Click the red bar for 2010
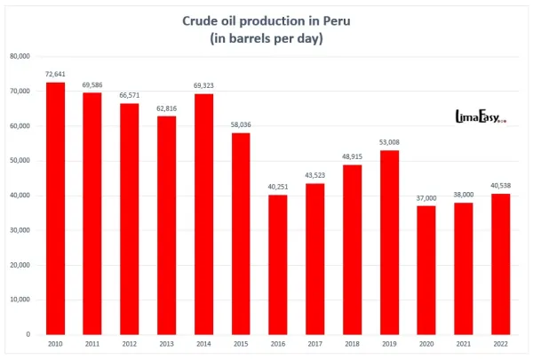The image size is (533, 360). pos(55,208)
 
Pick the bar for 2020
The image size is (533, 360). pos(425,270)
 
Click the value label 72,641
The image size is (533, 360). pos(55,74)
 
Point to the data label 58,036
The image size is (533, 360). pos(240,125)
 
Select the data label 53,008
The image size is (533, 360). pos(388,142)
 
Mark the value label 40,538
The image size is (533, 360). pos(499,186)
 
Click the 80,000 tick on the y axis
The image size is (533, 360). pos(20,56)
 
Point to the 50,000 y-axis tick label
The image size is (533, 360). pos(20,160)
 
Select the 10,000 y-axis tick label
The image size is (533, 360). pos(20,300)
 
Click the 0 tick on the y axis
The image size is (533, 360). pos(28,334)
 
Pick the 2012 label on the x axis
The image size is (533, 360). pos(129,345)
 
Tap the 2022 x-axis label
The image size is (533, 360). pos(499,345)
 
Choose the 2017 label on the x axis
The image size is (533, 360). pos(314,345)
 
